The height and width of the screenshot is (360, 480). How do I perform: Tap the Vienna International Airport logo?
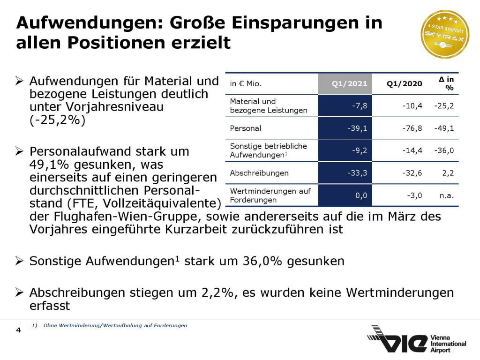[416, 339]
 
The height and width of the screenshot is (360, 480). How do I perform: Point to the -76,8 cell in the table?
[412, 128]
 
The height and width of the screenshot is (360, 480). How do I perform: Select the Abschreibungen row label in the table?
[259, 173]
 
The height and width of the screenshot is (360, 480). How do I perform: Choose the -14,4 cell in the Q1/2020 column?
[412, 150]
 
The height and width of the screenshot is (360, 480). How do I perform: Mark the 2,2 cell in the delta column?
[448, 173]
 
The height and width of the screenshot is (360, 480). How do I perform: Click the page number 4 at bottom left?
[18, 331]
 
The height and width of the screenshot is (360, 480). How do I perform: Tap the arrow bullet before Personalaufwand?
[19, 152]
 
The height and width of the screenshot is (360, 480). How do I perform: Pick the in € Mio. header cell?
[246, 84]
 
